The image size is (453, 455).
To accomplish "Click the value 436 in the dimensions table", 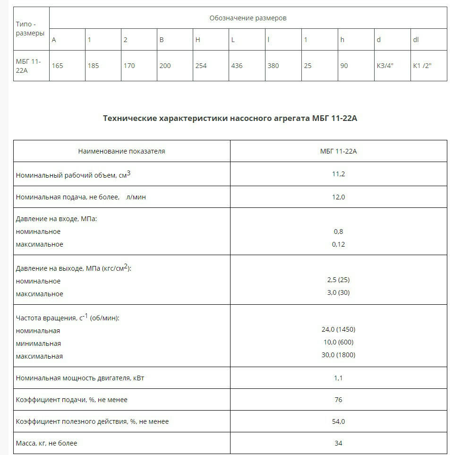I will coord(237,66).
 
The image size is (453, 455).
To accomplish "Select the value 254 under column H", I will coord(201,66).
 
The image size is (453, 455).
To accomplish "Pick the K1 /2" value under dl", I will coord(422,66).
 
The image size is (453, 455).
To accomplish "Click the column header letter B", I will coord(161,40).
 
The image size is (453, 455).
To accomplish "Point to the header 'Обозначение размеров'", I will coord(248,18).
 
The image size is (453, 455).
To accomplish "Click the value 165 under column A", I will coord(57,66).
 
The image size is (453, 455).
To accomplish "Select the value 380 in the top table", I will coord(273,66).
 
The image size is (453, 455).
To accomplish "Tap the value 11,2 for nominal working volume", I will coord(338,174).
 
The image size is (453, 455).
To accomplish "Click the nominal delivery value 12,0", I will coord(338,197).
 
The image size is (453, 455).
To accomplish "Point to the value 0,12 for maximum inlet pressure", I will coord(338,244).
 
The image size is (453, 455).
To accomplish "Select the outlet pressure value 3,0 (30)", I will coord(338,292).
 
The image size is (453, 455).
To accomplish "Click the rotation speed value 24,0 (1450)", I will coord(338,329).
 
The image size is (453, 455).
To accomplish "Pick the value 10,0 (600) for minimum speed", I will coord(338,342).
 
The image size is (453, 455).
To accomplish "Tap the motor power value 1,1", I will coord(338,378).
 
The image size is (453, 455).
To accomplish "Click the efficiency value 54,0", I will coord(338,421).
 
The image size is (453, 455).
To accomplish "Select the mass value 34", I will coord(338,443).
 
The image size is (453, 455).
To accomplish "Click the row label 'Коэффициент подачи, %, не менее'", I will coord(72,400).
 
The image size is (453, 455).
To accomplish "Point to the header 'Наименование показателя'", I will coord(121,151).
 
